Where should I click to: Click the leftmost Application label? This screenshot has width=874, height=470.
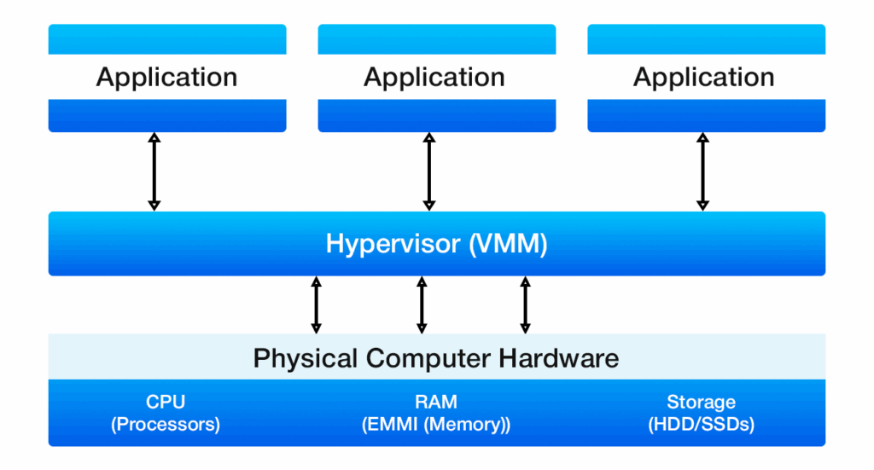click(x=166, y=78)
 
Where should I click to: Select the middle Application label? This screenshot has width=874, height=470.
click(x=434, y=78)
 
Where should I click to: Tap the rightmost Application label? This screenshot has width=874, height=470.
click(x=703, y=78)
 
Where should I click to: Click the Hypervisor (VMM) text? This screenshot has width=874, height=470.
click(x=436, y=244)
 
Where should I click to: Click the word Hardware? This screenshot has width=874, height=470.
click(x=562, y=357)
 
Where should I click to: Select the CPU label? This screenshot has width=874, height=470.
click(x=166, y=402)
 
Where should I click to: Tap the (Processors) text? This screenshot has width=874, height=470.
click(x=166, y=424)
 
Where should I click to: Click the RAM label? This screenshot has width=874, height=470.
click(x=435, y=402)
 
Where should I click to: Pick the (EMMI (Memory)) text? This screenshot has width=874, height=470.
click(x=435, y=424)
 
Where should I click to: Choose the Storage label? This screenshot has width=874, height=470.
click(x=701, y=402)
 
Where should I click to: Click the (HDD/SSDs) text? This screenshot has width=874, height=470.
click(x=701, y=424)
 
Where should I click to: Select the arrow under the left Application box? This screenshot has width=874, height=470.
click(x=154, y=171)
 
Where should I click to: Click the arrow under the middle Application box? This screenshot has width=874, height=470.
click(x=429, y=171)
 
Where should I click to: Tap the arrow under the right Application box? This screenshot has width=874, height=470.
click(x=702, y=171)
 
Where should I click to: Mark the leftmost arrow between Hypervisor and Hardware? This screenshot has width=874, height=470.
click(x=317, y=305)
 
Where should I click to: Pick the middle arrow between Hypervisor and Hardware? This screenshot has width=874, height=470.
click(x=422, y=305)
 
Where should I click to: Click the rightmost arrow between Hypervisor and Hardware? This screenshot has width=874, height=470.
click(x=525, y=305)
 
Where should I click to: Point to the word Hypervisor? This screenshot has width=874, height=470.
click(x=393, y=244)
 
